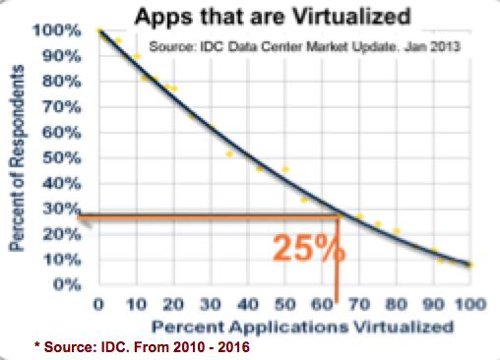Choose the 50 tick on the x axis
(283, 305)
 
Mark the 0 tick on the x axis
(98, 305)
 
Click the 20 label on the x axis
(172, 305)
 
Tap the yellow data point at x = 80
(397, 231)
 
